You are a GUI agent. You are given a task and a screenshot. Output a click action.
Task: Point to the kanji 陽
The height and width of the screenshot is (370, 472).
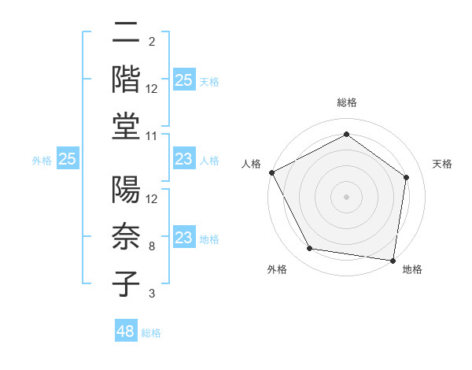[x=127, y=191]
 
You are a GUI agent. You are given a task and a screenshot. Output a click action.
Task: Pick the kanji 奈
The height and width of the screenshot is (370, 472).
[x=127, y=236]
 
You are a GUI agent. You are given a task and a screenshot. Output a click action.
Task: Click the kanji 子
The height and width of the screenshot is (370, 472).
[x=127, y=283]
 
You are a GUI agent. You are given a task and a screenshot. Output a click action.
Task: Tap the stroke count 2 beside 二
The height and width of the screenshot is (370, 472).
[x=151, y=41]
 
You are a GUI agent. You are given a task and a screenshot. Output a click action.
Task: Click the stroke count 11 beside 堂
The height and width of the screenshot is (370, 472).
[x=152, y=136]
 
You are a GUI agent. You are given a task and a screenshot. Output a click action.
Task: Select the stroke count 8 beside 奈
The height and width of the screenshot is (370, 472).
[x=151, y=246]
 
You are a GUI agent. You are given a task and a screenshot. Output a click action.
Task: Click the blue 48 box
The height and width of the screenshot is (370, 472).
[x=126, y=331]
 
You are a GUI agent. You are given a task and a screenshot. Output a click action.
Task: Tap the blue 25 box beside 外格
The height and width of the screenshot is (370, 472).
[x=68, y=159]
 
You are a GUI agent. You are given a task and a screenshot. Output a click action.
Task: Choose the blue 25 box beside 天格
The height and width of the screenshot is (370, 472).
[x=183, y=80]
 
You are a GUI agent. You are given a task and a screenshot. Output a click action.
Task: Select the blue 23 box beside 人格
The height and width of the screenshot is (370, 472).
[x=183, y=159]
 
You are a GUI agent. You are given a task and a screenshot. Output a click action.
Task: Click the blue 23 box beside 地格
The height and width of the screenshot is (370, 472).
[x=183, y=239]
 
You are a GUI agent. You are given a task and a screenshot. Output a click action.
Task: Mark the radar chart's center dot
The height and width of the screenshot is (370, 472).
[x=346, y=196]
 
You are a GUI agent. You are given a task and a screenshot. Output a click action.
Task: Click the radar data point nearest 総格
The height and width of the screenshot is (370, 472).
[x=346, y=134]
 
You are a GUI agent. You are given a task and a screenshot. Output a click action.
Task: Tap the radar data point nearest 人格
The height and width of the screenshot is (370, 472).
[x=271, y=172]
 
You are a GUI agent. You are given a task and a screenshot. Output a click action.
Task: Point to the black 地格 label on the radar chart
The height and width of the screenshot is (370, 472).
[x=412, y=270]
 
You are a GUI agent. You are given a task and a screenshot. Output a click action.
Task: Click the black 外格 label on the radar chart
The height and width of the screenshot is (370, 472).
[x=277, y=270]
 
